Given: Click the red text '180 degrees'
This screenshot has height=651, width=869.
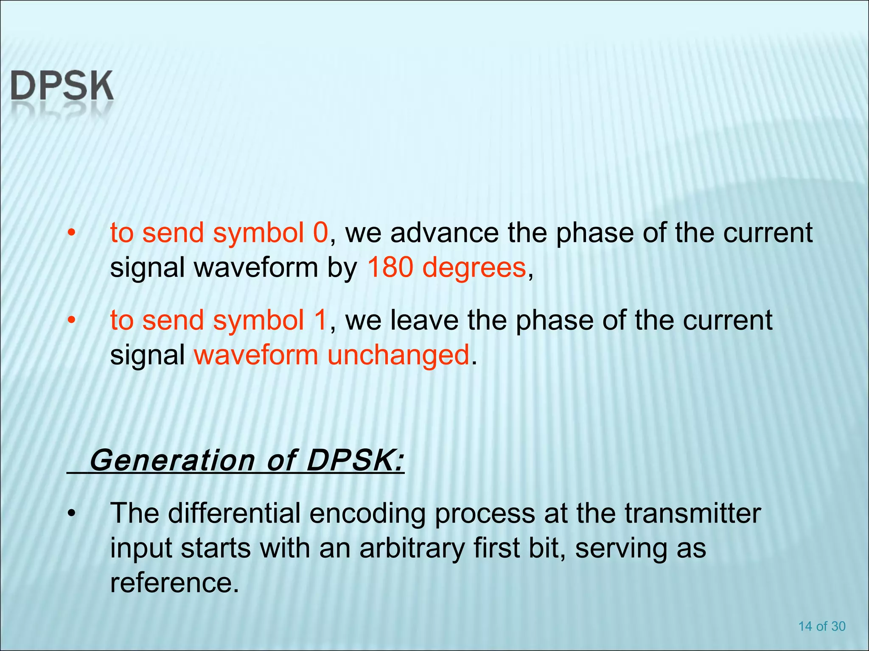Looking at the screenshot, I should click(x=446, y=268).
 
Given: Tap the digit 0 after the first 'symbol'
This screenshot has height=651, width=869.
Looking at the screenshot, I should click(x=320, y=233).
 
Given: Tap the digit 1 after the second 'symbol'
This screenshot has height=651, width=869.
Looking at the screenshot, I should click(x=320, y=320).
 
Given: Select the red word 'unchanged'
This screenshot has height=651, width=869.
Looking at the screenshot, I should click(x=398, y=355).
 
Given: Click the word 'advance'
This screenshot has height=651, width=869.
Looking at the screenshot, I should click(x=444, y=233).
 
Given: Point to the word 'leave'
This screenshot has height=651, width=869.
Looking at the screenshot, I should click(x=424, y=320).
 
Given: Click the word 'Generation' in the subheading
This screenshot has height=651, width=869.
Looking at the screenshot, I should click(x=172, y=460).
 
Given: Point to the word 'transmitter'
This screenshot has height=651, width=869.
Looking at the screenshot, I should click(x=692, y=513).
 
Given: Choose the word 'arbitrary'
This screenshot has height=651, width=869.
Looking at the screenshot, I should click(x=412, y=548).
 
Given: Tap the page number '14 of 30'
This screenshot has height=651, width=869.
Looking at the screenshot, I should click(x=822, y=626).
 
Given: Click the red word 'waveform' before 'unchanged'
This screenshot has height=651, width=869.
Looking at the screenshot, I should click(x=256, y=355).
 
